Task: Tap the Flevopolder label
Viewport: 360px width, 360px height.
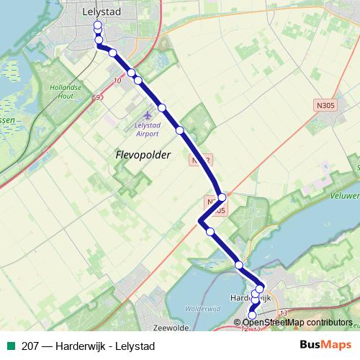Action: pos(143,155)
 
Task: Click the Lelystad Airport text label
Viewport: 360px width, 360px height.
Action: pos(148,127)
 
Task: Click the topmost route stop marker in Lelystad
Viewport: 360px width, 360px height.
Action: pos(97,25)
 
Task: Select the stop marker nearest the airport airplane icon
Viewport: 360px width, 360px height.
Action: pos(162,107)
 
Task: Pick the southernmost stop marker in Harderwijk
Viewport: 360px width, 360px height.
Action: pos(252,315)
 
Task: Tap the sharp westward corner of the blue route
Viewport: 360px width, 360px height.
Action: pos(199,221)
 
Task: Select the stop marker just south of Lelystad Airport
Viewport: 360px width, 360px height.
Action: pos(180,130)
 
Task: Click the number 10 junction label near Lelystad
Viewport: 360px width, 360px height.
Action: pos(117,80)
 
